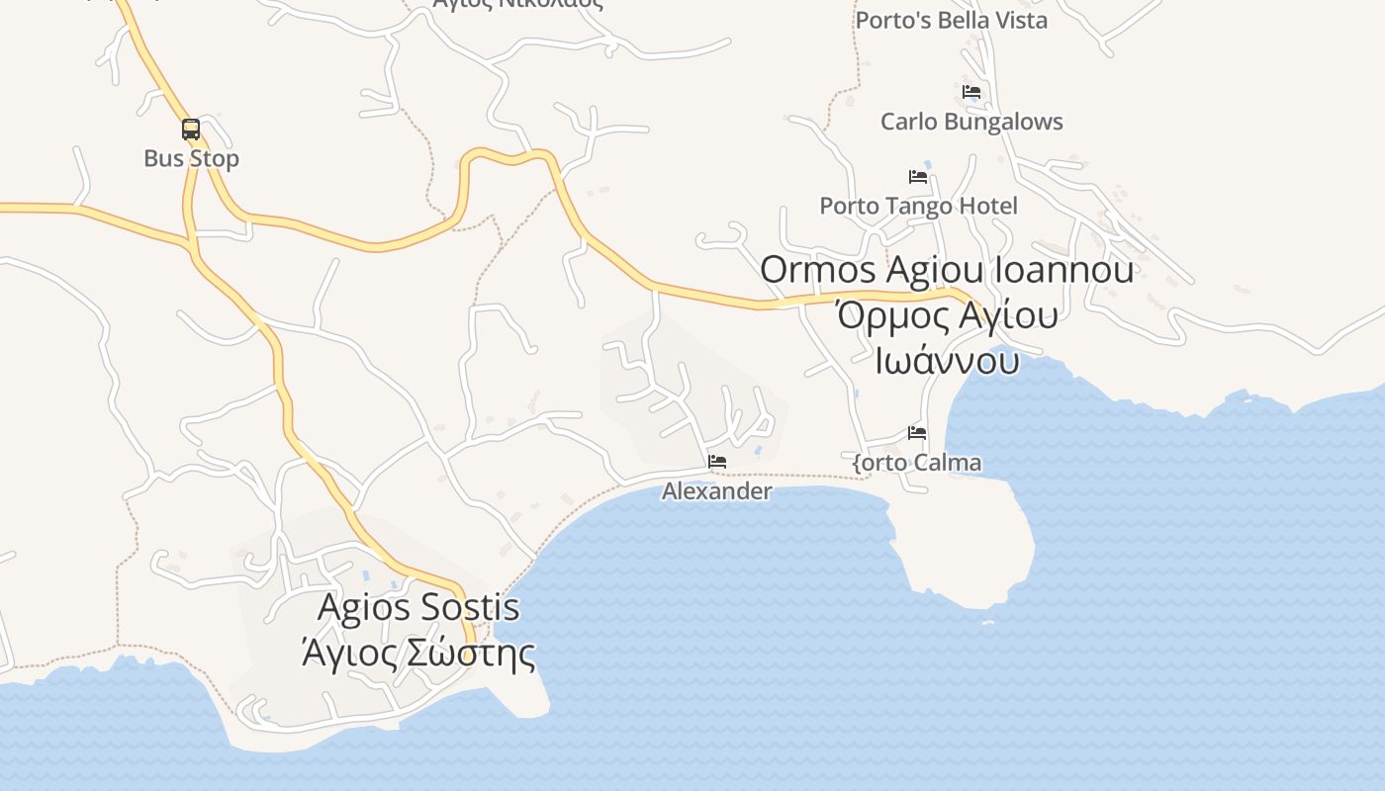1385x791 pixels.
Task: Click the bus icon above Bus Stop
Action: click(191, 130)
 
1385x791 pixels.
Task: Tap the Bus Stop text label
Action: click(191, 158)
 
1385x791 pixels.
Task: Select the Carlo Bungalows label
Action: click(971, 122)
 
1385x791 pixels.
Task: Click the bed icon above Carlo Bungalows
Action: click(971, 92)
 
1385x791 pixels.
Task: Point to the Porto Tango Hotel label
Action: click(918, 206)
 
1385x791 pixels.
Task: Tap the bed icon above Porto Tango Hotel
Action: click(918, 177)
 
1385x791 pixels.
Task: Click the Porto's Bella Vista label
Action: click(951, 20)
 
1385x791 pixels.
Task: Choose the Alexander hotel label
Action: click(716, 490)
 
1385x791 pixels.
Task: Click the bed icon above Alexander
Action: click(717, 462)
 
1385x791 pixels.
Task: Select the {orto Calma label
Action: click(917, 462)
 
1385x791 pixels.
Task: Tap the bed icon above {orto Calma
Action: click(917, 433)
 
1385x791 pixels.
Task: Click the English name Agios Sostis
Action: click(418, 606)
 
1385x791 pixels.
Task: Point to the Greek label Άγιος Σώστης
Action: click(418, 653)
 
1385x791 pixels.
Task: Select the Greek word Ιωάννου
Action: click(947, 361)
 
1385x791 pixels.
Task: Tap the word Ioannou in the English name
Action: click(1073, 270)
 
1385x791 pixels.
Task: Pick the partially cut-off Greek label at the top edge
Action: click(517, 4)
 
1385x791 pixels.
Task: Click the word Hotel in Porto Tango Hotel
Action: click(982, 206)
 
